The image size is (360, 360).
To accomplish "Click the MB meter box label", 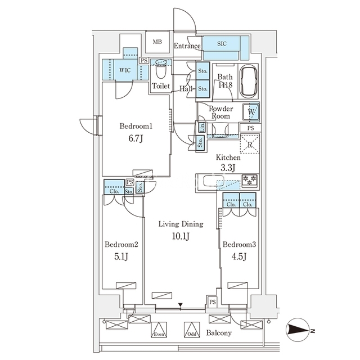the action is (157, 42).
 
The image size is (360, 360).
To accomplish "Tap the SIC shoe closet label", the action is (222, 44).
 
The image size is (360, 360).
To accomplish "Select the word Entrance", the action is (187, 46).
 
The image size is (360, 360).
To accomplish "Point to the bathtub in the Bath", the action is (249, 82).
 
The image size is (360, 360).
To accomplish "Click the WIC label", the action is (125, 70).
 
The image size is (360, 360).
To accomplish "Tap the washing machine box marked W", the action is (251, 112).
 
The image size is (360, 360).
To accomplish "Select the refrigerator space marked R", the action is (250, 144).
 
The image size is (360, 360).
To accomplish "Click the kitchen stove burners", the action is (250, 180).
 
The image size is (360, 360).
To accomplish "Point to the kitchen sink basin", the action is (214, 181).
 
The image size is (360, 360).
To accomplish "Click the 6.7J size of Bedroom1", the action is (136, 139).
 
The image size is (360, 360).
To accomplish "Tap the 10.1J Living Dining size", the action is (181, 236).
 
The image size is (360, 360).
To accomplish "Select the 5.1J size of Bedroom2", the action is (121, 256).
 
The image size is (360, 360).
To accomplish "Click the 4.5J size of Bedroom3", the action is (239, 256).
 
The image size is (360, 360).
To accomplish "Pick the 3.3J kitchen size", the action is (228, 168).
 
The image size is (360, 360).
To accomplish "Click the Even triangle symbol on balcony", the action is (159, 330).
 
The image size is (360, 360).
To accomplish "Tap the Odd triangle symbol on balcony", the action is (192, 330).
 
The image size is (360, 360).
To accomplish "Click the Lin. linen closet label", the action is (202, 127).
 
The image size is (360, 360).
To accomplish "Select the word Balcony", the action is (219, 332).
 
